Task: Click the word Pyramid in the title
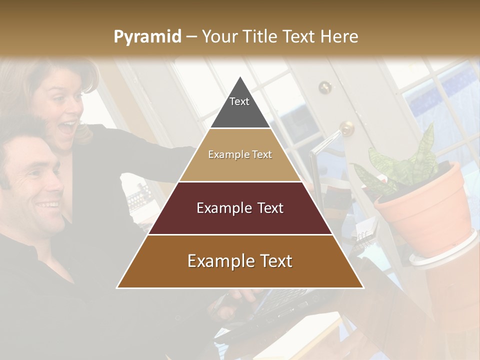147,37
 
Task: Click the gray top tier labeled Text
239,107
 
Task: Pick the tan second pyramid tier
240,155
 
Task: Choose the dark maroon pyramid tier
240,208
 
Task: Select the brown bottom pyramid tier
240,261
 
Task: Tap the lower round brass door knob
346,128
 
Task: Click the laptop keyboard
280,305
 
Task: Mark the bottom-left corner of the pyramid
117,287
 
